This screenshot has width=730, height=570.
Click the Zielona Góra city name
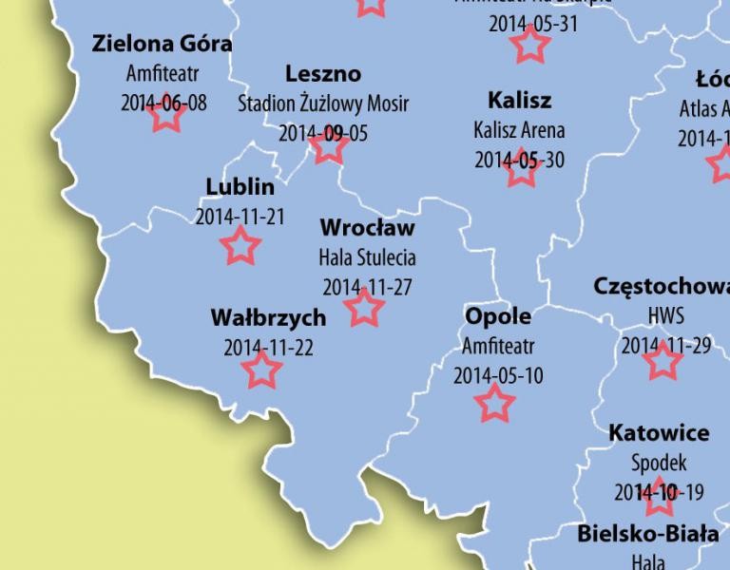point(163,44)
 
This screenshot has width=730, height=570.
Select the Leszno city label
point(323,74)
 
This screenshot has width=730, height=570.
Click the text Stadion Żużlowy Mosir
point(323,103)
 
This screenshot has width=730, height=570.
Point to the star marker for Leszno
point(328,146)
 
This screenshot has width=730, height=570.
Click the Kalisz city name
point(519,100)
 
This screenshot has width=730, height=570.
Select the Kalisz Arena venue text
point(519,129)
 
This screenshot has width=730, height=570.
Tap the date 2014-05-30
point(519,160)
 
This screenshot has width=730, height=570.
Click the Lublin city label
point(240,186)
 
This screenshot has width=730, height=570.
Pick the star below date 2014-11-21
point(240,246)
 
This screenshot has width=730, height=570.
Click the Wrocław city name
point(367,228)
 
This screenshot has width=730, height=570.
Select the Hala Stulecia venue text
point(367,257)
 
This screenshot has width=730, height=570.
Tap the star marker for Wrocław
point(363,309)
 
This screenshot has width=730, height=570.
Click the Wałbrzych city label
point(268,317)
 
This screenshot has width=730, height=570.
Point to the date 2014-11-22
point(268,347)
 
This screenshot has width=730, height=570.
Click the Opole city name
point(498,315)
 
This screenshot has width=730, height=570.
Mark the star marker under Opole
point(494,404)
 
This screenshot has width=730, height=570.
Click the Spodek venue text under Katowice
point(658,463)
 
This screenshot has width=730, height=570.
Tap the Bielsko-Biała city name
point(648,534)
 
